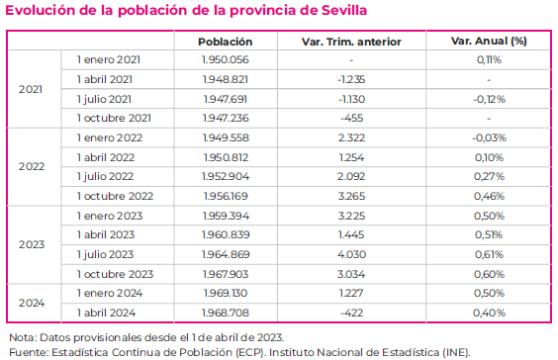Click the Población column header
(225, 42)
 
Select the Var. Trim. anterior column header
(351, 42)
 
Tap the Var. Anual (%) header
(488, 42)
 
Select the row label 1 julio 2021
(105, 98)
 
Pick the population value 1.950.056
(225, 60)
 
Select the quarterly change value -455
(351, 118)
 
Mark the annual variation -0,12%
(488, 98)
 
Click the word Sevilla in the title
(335, 11)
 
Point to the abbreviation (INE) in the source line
(453, 351)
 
